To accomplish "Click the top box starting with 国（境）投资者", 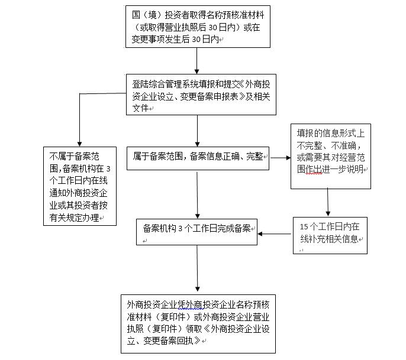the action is [x=198, y=27].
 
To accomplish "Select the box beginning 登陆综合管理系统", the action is [x=201, y=95].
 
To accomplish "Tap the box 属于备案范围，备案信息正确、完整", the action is [x=198, y=158].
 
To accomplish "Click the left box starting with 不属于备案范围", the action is [x=80, y=186].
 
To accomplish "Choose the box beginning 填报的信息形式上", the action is [x=331, y=156].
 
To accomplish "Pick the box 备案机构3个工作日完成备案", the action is [x=196, y=232].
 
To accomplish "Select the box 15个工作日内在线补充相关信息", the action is [x=330, y=236].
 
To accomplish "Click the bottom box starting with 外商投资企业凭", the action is [x=198, y=324].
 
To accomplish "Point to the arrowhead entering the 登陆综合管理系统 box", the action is [x=196, y=72].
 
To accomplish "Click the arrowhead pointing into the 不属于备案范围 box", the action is [x=79, y=144].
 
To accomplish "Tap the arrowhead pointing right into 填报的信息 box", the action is [x=288, y=158].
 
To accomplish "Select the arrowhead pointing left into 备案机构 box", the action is [x=260, y=234].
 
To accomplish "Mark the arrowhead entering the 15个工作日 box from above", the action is [x=328, y=214].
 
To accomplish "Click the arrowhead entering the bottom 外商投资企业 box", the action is [x=197, y=289].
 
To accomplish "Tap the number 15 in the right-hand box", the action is [x=304, y=227].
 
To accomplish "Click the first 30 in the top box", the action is [x=212, y=27].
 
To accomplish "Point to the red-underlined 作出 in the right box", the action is [x=314, y=169].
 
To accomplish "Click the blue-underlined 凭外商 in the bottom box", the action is [x=191, y=304].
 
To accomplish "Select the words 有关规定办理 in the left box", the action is [x=75, y=218].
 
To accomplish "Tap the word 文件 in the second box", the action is [x=141, y=108].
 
